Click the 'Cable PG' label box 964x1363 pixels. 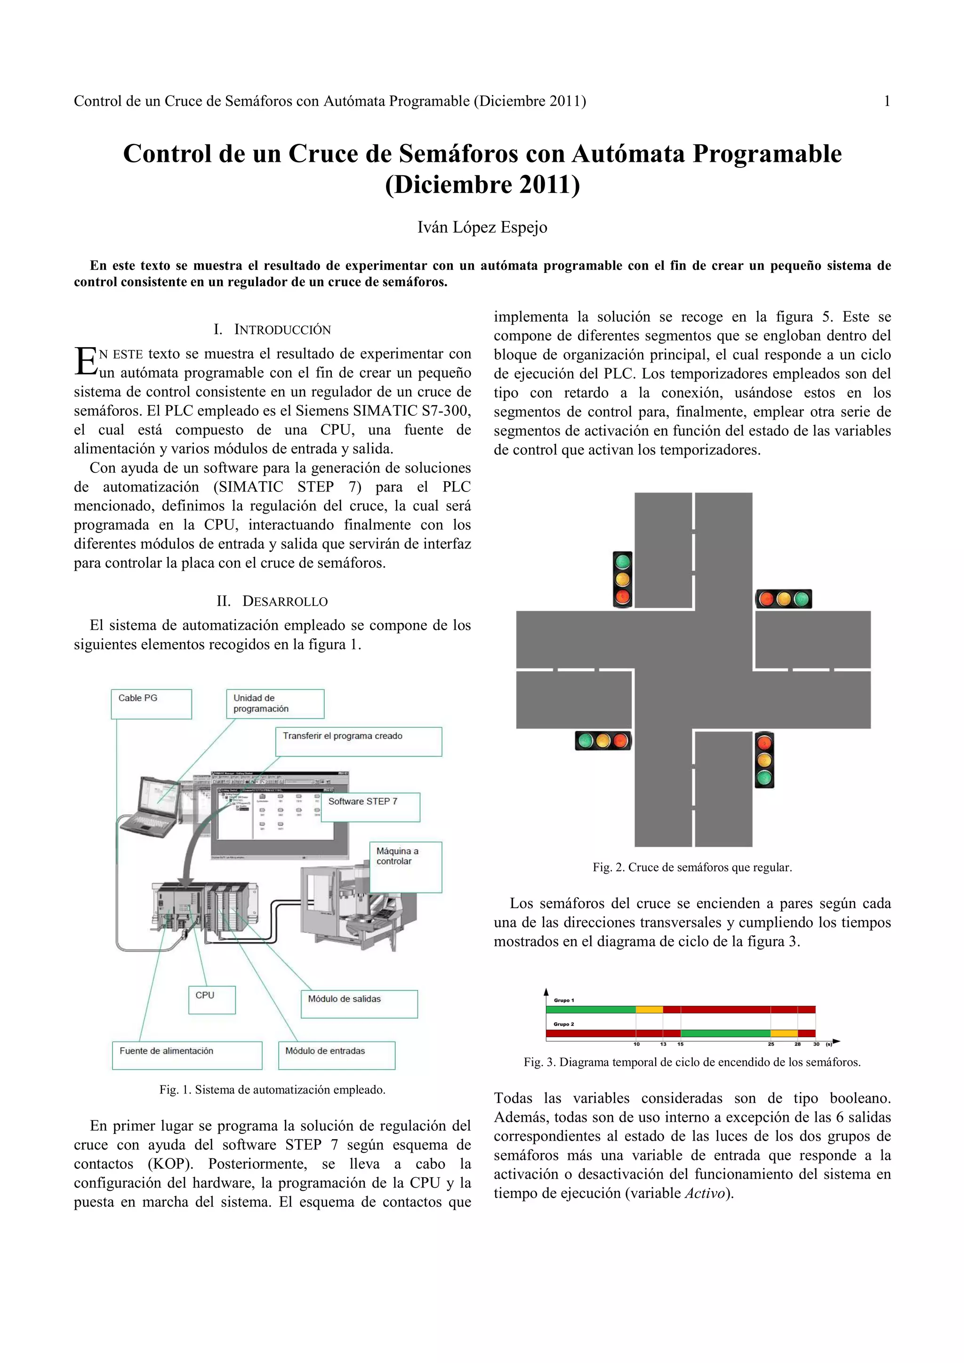151,704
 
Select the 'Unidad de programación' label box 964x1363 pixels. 274,704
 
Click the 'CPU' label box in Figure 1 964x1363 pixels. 211,1000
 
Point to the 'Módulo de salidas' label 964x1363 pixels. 359,1004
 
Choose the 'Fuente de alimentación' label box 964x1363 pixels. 186,1055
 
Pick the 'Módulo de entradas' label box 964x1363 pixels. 336,1055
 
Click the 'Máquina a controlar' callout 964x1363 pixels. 405,866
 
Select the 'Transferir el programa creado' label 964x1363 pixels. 358,741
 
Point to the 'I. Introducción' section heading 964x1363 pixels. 272,330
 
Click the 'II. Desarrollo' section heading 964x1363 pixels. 272,602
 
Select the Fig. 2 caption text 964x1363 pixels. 692,867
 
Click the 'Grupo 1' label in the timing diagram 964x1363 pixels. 564,1000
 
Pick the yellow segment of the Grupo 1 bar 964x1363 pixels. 649,1010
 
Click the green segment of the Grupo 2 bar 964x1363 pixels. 725,1033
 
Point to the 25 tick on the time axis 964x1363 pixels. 771,1044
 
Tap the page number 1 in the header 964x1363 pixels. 887,102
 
